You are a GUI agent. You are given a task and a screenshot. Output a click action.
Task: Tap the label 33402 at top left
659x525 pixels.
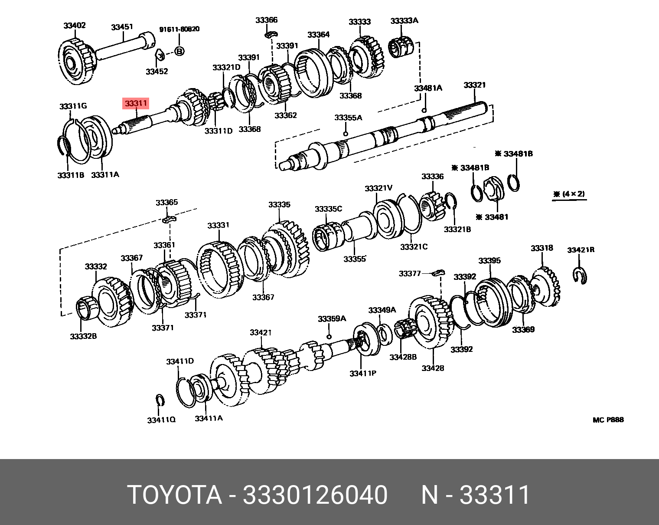(x=75, y=26)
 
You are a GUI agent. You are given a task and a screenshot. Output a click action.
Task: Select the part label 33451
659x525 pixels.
(x=122, y=27)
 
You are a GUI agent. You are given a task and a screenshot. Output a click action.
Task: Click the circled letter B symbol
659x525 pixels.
(x=179, y=51)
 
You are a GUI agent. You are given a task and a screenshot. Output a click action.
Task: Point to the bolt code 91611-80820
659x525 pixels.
(x=179, y=30)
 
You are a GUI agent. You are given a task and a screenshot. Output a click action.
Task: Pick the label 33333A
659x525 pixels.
(x=404, y=21)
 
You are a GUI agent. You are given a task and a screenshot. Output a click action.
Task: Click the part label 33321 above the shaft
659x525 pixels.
(x=474, y=85)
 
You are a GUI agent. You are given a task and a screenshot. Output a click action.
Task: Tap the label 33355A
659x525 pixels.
(x=348, y=118)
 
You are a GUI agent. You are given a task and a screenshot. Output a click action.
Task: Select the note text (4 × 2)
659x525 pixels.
(x=569, y=194)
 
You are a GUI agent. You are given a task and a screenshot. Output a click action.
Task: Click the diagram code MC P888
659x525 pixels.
(x=608, y=420)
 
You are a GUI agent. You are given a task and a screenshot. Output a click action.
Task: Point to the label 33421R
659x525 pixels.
(x=581, y=250)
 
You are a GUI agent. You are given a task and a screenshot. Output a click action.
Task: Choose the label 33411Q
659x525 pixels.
(x=161, y=420)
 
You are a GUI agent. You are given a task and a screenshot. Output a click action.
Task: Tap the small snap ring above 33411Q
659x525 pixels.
(x=159, y=400)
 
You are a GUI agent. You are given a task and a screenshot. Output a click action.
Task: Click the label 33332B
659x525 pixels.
(x=83, y=336)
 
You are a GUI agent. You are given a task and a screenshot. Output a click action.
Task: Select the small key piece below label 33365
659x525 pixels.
(x=168, y=219)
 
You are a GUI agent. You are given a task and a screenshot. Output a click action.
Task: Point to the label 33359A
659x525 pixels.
(x=332, y=319)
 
